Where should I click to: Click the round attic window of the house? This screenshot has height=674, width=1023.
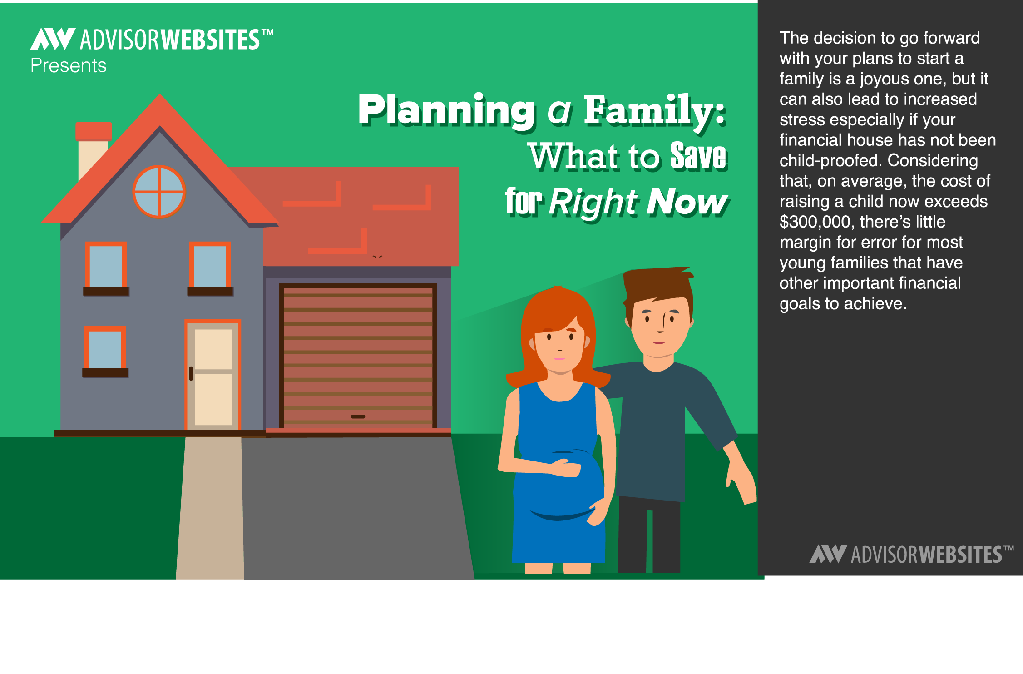(x=159, y=192)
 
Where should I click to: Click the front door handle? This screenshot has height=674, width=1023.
(x=191, y=373)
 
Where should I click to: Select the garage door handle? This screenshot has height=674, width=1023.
(x=358, y=416)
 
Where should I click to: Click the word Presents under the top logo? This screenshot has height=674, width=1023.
(x=69, y=66)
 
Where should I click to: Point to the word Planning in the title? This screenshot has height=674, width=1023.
(x=447, y=110)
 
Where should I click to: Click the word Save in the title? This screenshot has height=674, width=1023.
(x=699, y=156)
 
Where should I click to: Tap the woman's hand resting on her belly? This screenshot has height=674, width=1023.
(x=565, y=468)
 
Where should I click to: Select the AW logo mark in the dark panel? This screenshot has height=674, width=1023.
(x=828, y=554)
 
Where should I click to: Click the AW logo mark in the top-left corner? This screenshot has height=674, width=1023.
(x=53, y=39)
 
